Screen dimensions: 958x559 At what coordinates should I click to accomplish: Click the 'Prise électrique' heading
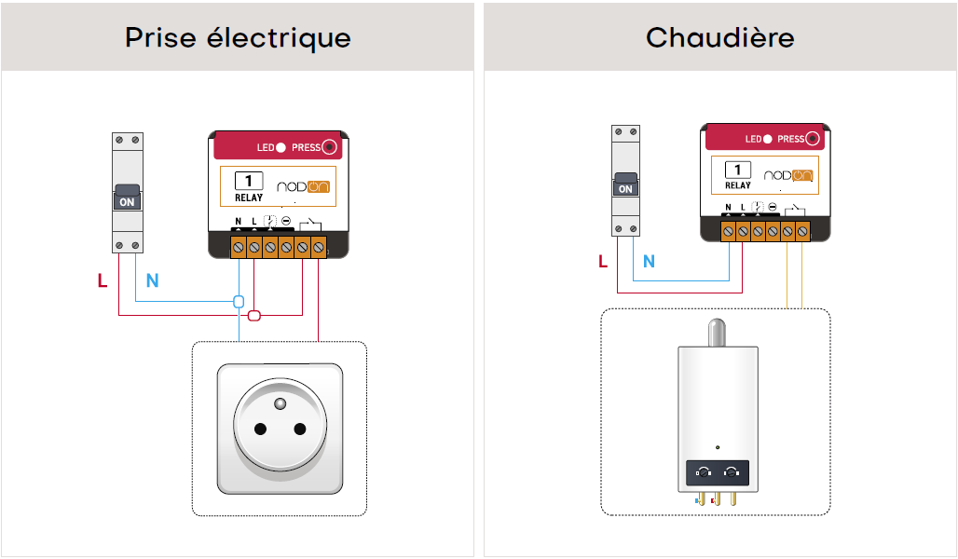238,38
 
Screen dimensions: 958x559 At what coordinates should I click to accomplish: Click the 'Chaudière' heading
719,38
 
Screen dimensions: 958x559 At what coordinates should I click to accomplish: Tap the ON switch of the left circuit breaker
127,198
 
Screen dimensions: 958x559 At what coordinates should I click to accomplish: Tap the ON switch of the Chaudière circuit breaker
625,184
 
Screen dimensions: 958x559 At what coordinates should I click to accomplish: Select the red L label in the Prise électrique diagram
102,280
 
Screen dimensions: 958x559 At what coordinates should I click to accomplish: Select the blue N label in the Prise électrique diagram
152,280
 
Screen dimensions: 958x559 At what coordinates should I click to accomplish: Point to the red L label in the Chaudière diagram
603,262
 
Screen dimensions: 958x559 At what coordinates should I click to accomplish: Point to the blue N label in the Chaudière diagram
649,262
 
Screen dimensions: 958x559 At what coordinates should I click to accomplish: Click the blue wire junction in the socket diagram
239,301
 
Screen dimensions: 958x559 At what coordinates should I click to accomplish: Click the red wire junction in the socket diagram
254,315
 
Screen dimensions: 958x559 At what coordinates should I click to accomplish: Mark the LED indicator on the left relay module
281,147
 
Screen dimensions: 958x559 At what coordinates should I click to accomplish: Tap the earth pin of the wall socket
280,403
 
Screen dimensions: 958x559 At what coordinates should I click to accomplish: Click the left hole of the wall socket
260,429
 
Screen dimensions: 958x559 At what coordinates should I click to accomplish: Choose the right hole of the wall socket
300,429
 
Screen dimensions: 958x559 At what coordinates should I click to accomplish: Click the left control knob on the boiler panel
704,472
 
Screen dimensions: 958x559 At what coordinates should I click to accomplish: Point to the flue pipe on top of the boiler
717,333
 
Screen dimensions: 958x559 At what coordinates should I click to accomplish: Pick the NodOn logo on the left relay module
303,186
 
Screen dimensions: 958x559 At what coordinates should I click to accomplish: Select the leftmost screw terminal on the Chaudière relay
728,232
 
